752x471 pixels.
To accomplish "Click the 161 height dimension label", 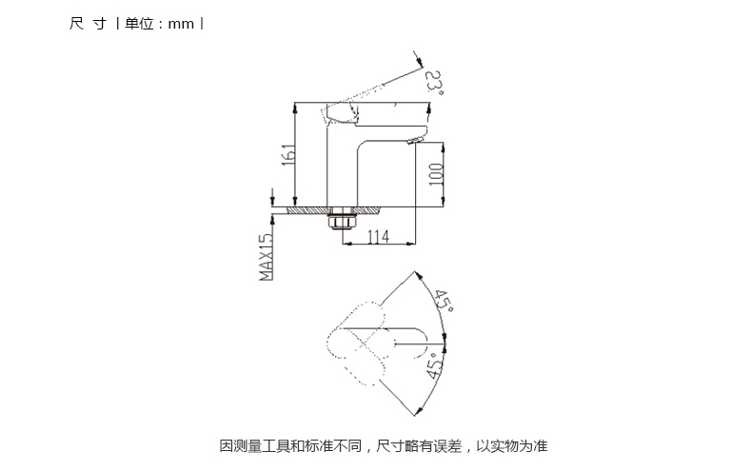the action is [288, 154].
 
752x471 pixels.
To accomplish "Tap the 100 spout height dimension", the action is [436, 174].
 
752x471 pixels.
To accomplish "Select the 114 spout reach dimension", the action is [379, 237].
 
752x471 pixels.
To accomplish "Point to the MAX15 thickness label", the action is [266, 257].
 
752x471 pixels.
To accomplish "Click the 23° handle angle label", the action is [434, 83].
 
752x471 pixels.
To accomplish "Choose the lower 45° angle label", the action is [435, 366].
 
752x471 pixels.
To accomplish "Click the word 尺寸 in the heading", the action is [88, 24].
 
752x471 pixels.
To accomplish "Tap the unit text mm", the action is [181, 24].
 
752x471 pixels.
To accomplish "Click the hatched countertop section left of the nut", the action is [307, 210].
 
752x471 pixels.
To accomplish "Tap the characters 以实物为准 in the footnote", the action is [512, 446].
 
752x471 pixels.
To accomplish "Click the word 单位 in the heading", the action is [139, 24].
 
